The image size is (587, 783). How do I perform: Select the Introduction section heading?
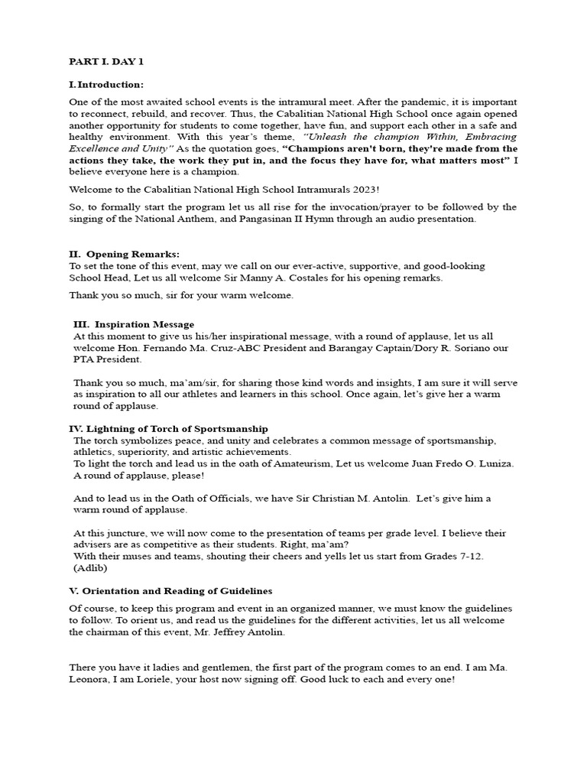coord(106,84)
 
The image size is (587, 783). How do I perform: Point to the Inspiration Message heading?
coord(134,324)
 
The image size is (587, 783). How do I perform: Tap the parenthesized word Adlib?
coord(91,568)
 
